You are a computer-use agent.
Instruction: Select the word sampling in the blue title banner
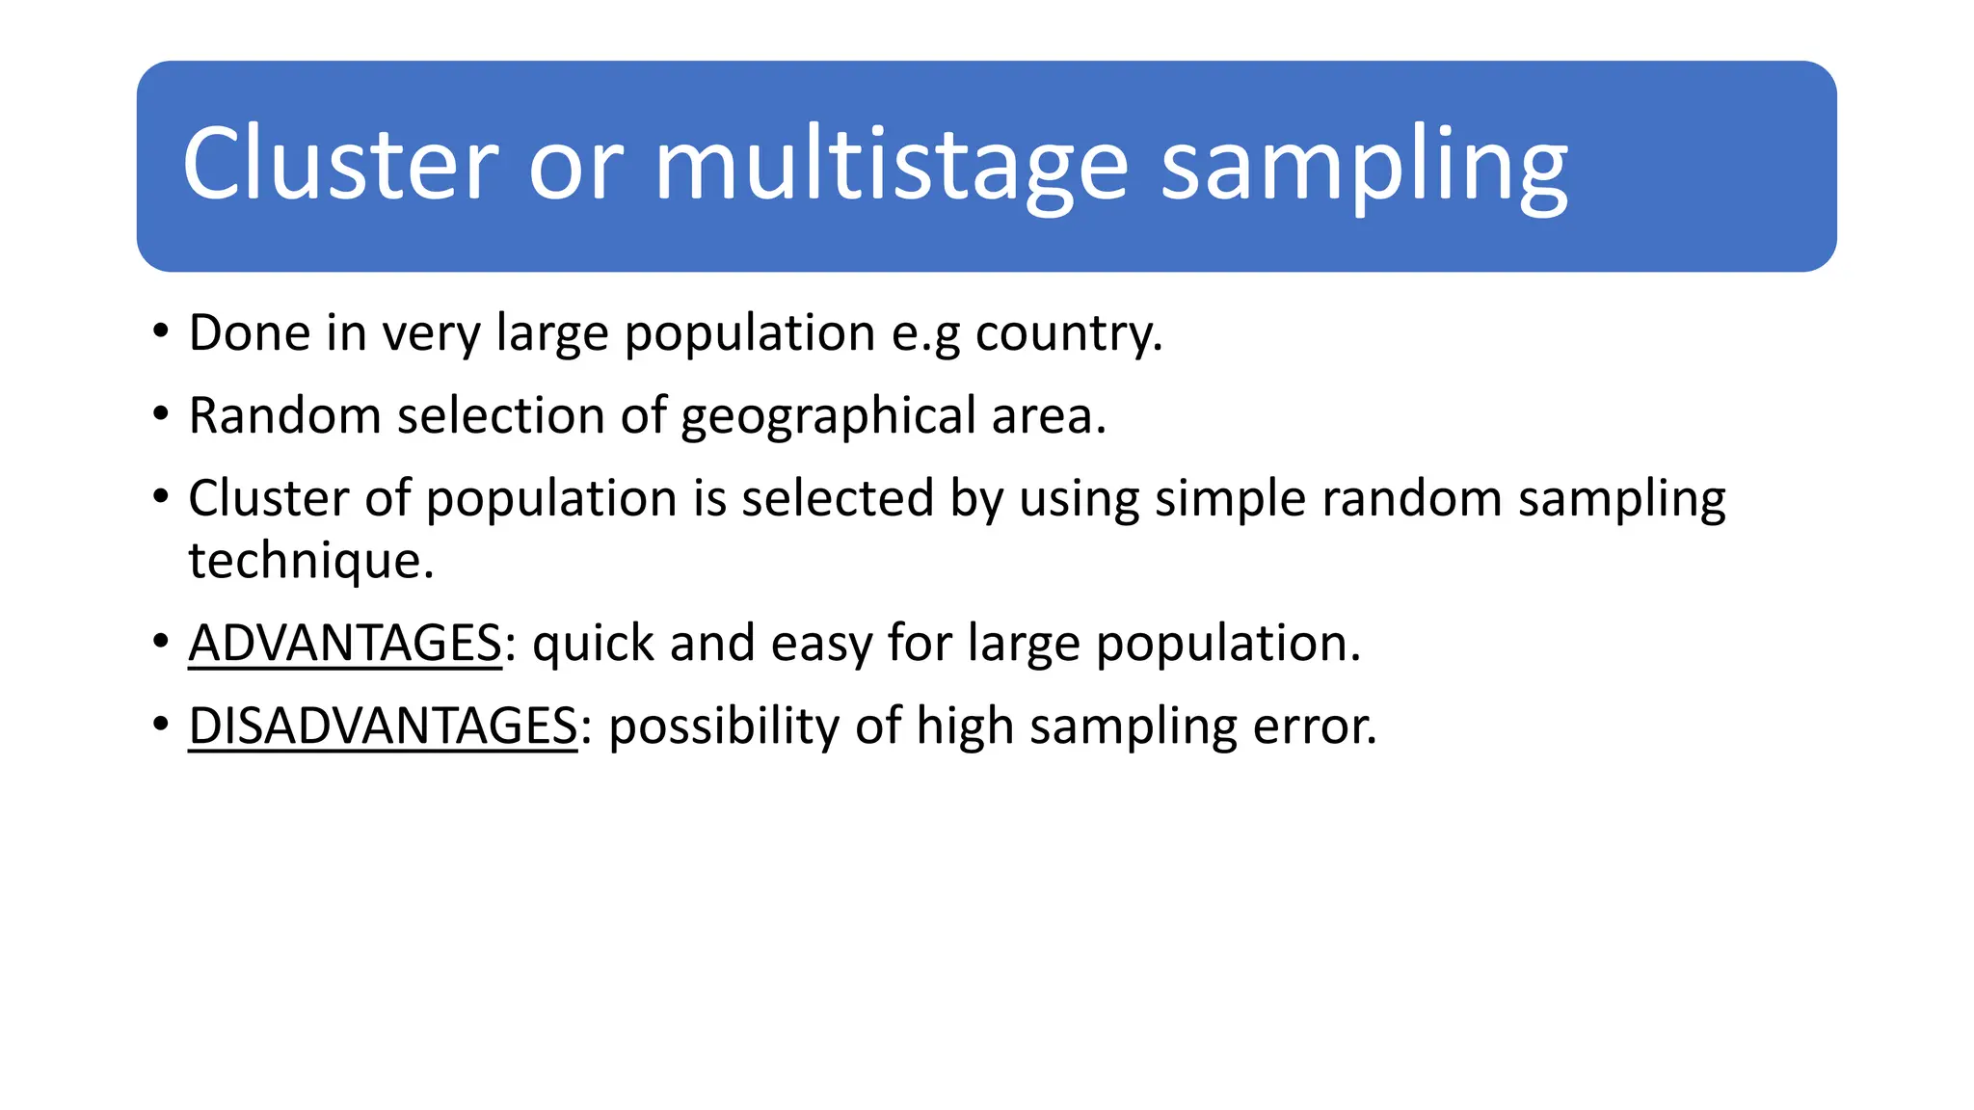click(x=1364, y=166)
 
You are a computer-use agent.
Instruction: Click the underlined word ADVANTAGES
click(x=345, y=643)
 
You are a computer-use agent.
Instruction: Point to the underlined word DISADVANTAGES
click(x=383, y=726)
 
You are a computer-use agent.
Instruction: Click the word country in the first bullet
click(x=1068, y=334)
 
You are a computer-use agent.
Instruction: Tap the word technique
click(x=310, y=561)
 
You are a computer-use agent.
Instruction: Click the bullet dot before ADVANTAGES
click(x=161, y=642)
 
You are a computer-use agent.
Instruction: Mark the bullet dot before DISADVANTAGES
click(x=161, y=725)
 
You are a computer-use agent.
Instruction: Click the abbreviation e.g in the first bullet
click(x=925, y=334)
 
